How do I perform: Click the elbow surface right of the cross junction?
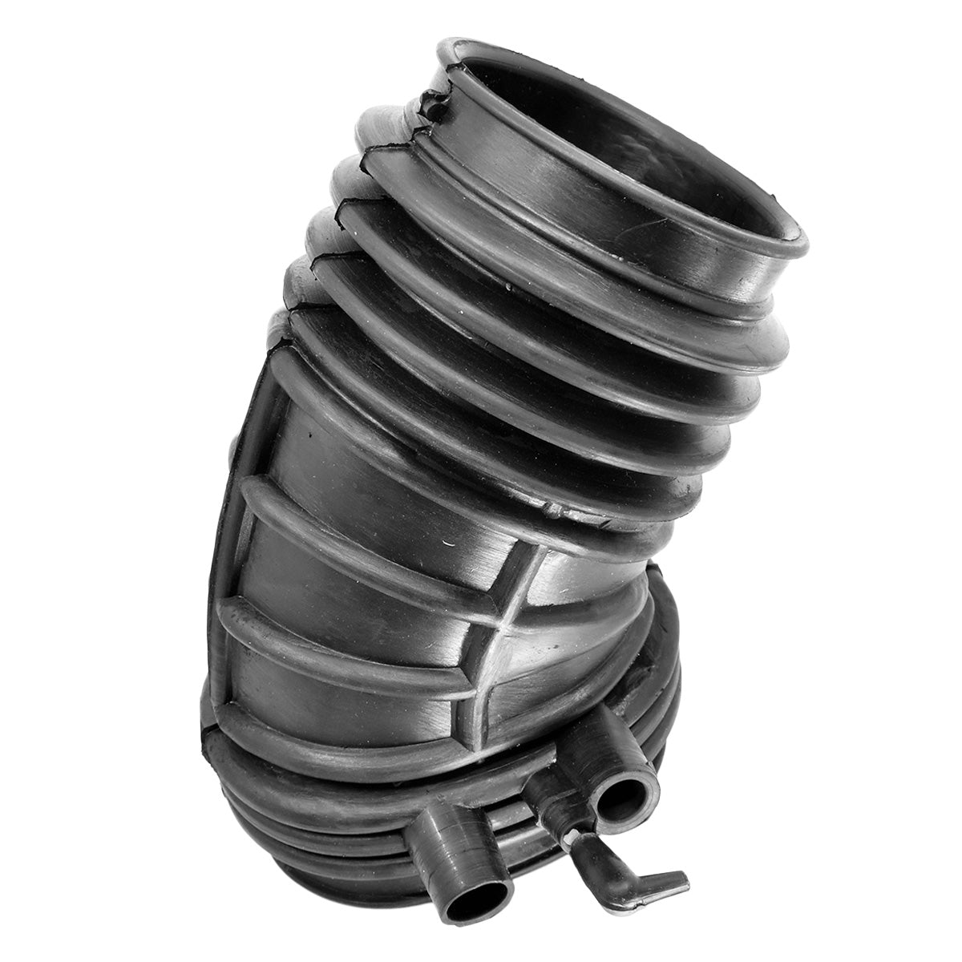click(x=569, y=633)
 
